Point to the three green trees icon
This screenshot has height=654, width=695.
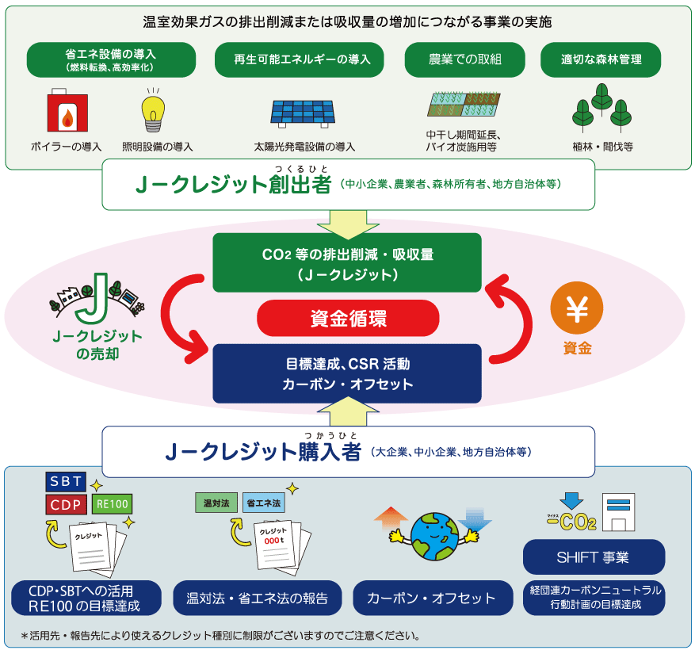coord(601,109)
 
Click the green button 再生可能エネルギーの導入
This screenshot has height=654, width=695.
coord(299,59)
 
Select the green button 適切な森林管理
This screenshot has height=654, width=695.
coord(601,59)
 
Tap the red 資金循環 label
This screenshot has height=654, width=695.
coord(348,319)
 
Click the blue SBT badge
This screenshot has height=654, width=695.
coord(66,482)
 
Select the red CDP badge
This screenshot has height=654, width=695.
coord(66,505)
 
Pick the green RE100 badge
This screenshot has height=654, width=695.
coord(112,503)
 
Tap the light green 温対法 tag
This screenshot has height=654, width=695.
coord(216,503)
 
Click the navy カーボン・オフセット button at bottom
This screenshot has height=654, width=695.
coord(430,599)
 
